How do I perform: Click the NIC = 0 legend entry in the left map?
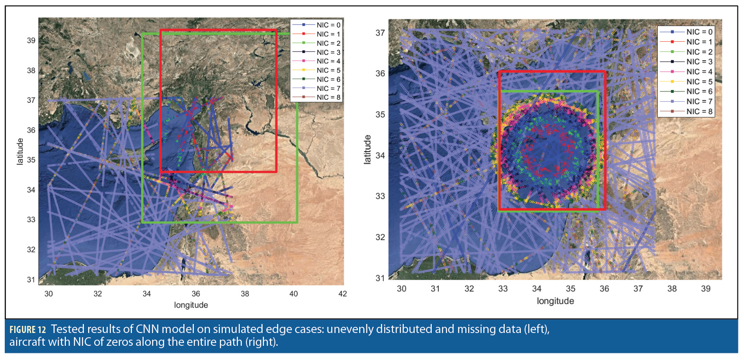(x=328, y=25)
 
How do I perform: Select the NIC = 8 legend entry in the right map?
(x=699, y=112)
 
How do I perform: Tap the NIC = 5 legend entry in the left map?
(x=328, y=71)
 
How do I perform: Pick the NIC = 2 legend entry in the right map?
(x=699, y=52)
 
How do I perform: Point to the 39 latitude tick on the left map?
(x=31, y=41)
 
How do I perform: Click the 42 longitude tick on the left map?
(x=343, y=294)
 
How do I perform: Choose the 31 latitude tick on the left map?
(x=31, y=279)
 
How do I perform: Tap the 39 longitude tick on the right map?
(x=706, y=288)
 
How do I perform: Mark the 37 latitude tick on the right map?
(x=380, y=33)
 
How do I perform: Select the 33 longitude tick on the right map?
(x=503, y=288)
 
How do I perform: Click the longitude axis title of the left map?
(x=191, y=305)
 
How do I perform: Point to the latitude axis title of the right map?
(x=367, y=149)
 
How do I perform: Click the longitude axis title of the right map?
(x=555, y=301)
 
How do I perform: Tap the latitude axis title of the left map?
(x=20, y=152)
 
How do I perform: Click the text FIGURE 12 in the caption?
(x=27, y=330)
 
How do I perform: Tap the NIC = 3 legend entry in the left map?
(x=328, y=53)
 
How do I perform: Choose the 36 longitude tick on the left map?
(x=196, y=294)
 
